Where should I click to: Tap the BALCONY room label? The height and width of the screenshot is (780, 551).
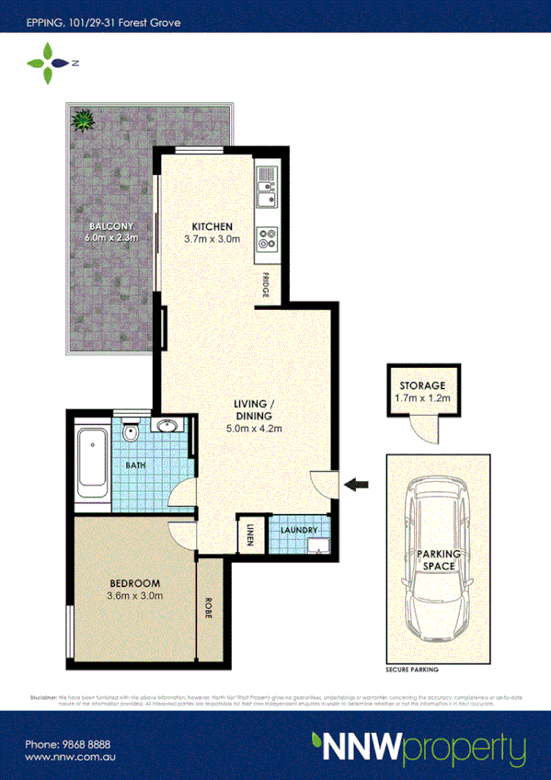tap(112, 226)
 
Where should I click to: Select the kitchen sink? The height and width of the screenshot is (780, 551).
tap(268, 188)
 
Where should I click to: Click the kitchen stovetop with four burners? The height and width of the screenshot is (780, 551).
tap(268, 239)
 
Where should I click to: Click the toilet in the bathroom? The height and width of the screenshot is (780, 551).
tap(131, 430)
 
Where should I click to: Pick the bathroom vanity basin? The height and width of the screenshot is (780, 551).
tap(167, 426)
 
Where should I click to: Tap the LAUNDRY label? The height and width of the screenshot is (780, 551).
tap(300, 530)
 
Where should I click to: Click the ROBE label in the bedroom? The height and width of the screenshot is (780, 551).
tap(209, 609)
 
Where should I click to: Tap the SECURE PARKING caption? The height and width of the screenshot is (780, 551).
tap(411, 670)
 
